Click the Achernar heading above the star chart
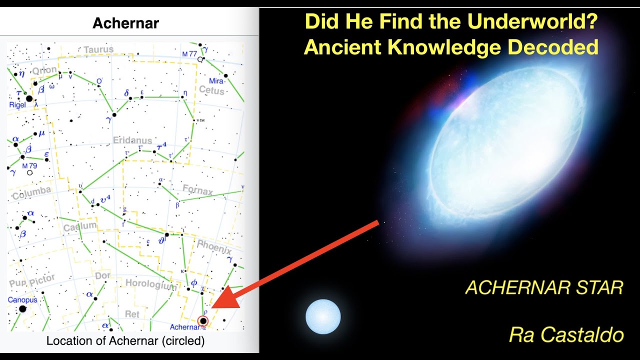coord(126,23)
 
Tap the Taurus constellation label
coord(98,49)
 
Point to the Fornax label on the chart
coord(197,190)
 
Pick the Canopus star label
coord(22,300)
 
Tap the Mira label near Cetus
coord(216,81)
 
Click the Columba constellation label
coord(31,193)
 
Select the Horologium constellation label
coord(150,284)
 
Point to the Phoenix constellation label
coord(214,246)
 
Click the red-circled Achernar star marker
coord(203,320)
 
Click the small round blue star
coord(323,316)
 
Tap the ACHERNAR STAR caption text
coord(544,288)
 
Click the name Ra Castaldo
coord(566,334)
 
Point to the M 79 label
coord(30,166)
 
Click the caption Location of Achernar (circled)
coord(125,341)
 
